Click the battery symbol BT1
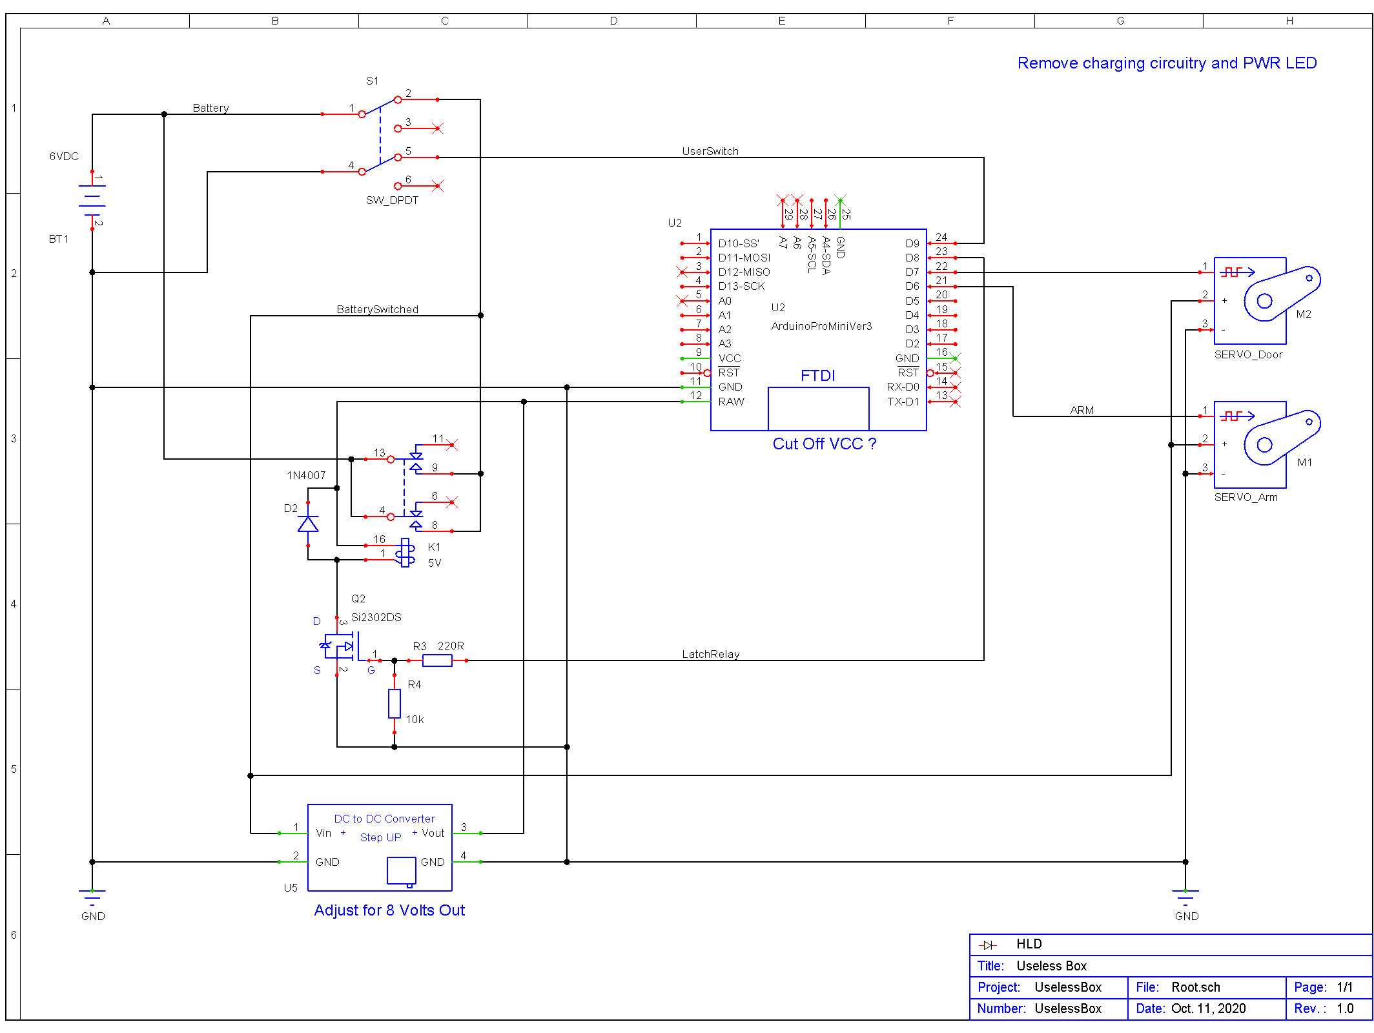point(92,199)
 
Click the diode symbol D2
point(308,524)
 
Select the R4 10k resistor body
point(395,704)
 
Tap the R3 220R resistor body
point(437,660)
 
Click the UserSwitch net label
point(710,151)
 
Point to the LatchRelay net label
point(710,654)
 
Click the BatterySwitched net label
point(377,309)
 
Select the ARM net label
point(1082,410)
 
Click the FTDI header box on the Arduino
point(818,408)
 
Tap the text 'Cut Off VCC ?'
point(824,444)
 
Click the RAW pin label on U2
point(731,402)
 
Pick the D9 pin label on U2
point(912,243)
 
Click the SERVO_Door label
point(1248,354)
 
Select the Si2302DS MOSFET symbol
point(339,646)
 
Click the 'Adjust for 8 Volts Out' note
point(389,910)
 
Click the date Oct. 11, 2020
point(1208,1008)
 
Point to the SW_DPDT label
point(392,200)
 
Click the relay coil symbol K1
point(405,553)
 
